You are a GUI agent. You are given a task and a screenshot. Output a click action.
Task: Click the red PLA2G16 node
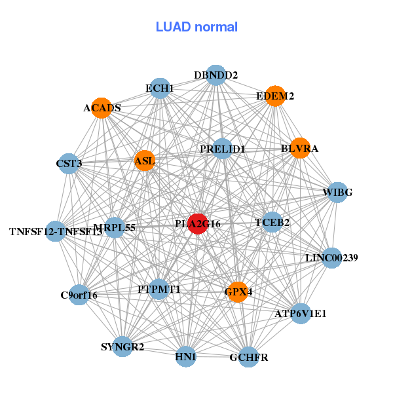pyautogui.click(x=198, y=223)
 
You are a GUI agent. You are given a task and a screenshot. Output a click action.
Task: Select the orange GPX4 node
pyautogui.click(x=238, y=291)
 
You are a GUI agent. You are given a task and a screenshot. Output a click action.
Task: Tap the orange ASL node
pyautogui.click(x=144, y=160)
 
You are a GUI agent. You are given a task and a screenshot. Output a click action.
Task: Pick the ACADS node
pyautogui.click(x=102, y=108)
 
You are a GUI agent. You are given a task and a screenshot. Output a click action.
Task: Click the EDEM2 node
pyautogui.click(x=275, y=96)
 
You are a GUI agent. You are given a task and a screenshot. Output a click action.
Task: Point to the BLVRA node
pyautogui.click(x=299, y=148)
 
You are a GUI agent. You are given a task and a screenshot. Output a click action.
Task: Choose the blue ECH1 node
pyautogui.click(x=160, y=88)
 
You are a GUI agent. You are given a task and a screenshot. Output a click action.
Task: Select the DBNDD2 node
pyautogui.click(x=215, y=75)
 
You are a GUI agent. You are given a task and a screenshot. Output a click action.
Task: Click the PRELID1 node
pyautogui.click(x=223, y=149)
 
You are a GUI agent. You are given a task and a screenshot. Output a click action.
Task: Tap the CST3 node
pyautogui.click(x=68, y=162)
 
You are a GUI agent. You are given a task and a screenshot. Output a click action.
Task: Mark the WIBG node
pyautogui.click(x=337, y=192)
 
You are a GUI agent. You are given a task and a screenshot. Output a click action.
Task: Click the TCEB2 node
pyautogui.click(x=272, y=222)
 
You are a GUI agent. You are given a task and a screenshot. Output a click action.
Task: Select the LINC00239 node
pyautogui.click(x=331, y=257)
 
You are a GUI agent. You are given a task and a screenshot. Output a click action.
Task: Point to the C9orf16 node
pyautogui.click(x=79, y=295)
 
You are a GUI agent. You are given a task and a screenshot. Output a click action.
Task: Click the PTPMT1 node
pyautogui.click(x=159, y=288)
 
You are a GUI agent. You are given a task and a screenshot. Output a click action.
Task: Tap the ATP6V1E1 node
pyautogui.click(x=301, y=313)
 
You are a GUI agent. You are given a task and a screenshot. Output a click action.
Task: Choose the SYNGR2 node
pyautogui.click(x=122, y=346)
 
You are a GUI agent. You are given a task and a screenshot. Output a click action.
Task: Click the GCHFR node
pyautogui.click(x=248, y=357)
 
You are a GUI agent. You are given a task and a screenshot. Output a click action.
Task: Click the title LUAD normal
pyautogui.click(x=196, y=27)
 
